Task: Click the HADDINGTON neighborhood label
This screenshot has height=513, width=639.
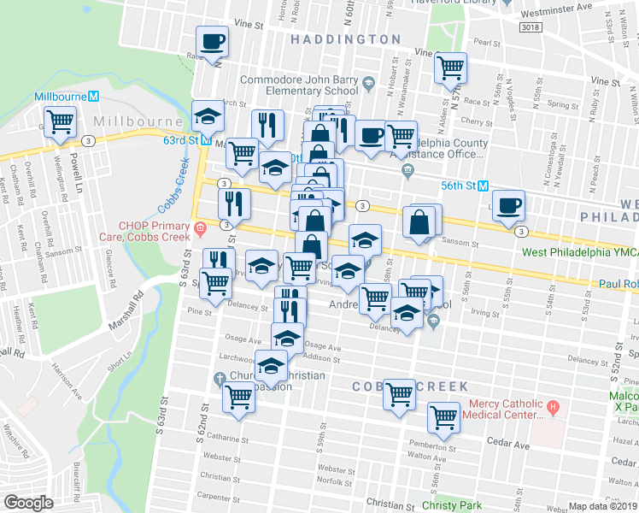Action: pos(344,39)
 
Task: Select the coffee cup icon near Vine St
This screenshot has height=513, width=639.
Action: pos(212,41)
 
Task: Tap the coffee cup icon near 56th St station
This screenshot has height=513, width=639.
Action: pos(508,205)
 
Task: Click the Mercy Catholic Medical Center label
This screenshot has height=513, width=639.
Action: pos(502,410)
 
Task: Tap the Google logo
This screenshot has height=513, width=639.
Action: pos(28,503)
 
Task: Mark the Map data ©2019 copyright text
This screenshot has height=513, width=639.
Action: pos(601,506)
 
